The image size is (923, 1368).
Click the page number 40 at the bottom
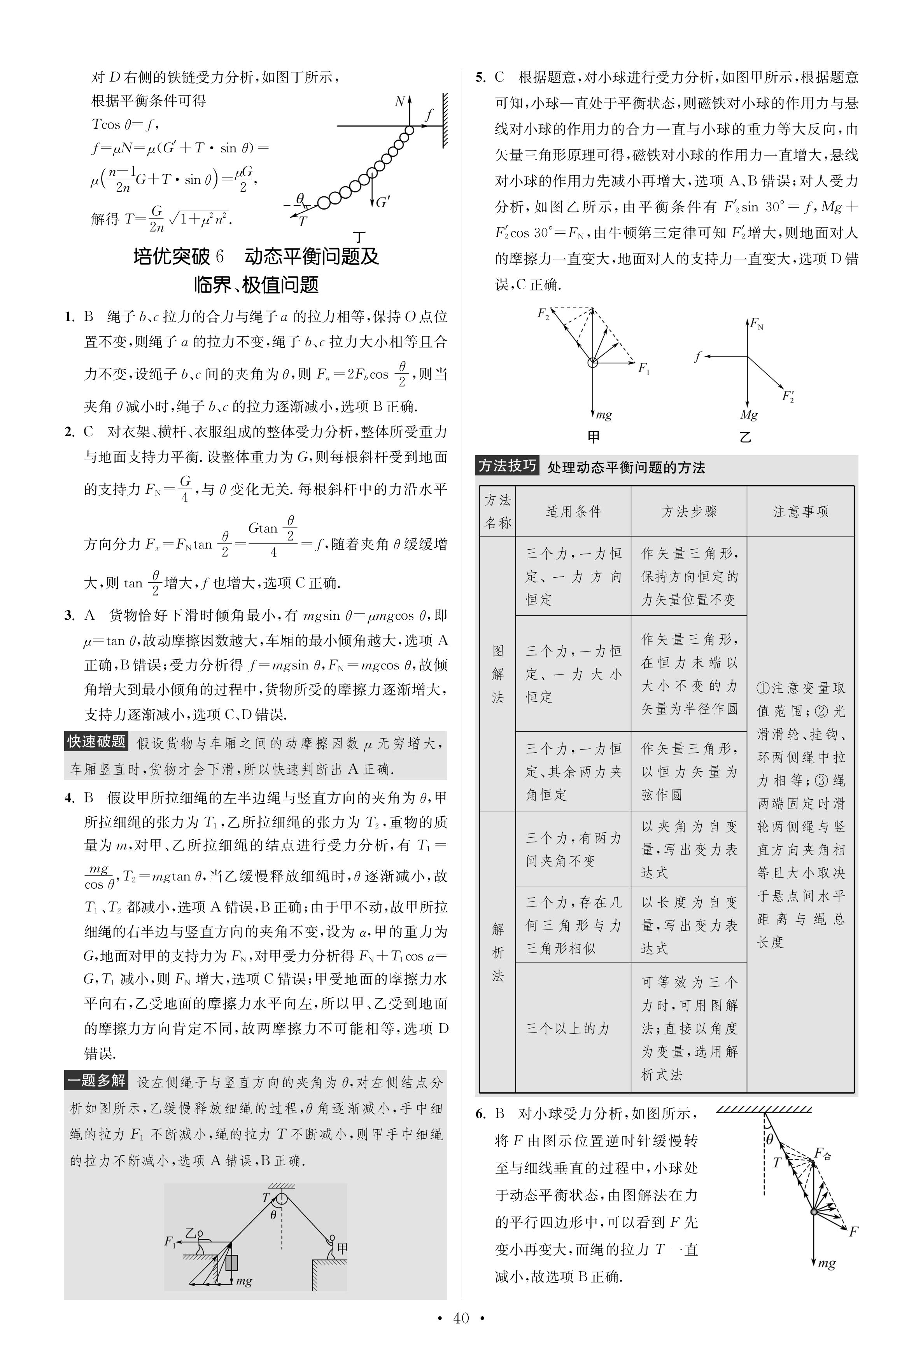click(x=461, y=1318)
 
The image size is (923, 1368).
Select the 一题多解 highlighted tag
click(x=96, y=1080)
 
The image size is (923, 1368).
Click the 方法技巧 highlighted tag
click(x=507, y=466)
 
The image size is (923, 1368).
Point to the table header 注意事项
click(x=800, y=511)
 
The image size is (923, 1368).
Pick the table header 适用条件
click(x=573, y=511)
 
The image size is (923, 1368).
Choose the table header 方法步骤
click(x=689, y=511)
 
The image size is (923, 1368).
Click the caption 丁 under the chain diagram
click(x=359, y=237)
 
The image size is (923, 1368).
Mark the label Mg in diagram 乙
click(x=749, y=415)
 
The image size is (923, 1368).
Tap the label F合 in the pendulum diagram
click(x=822, y=1153)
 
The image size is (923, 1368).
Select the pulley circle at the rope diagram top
click(x=282, y=1198)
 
